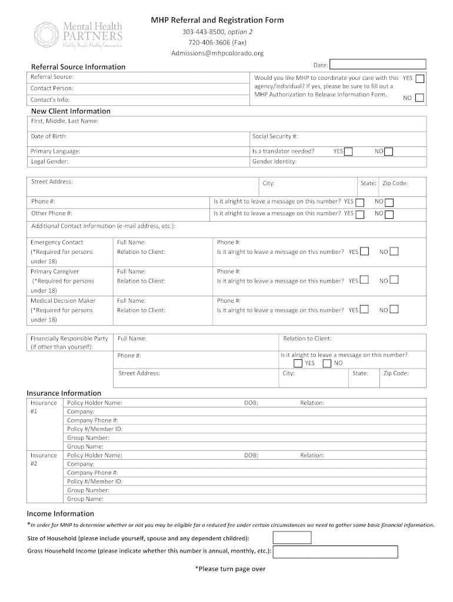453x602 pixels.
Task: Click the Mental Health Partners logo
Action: (x=78, y=35)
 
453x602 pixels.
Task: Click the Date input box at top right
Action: (x=378, y=65)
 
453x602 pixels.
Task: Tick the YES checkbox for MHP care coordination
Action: (x=419, y=78)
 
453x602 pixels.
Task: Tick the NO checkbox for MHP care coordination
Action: (x=419, y=98)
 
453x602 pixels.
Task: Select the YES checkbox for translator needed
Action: (x=348, y=152)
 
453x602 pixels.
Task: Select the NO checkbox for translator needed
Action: (x=388, y=152)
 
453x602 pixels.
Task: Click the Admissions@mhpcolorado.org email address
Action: (x=217, y=53)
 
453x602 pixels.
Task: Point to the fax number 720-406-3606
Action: (x=217, y=42)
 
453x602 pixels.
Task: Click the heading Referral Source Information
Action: (x=78, y=66)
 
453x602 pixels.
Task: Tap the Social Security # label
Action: (x=275, y=136)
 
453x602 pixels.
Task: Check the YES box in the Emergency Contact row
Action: (x=365, y=252)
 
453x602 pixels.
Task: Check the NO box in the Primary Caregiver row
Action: (x=394, y=280)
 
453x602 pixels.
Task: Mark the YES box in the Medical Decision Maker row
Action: (x=365, y=309)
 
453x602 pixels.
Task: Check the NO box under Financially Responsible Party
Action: (x=327, y=363)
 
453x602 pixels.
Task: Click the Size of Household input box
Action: (x=292, y=538)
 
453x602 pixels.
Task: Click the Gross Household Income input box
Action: (x=335, y=551)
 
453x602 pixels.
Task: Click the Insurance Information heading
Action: (x=64, y=393)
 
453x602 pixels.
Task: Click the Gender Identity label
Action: (x=274, y=162)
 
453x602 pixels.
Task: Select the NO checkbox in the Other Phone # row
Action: (x=389, y=214)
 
